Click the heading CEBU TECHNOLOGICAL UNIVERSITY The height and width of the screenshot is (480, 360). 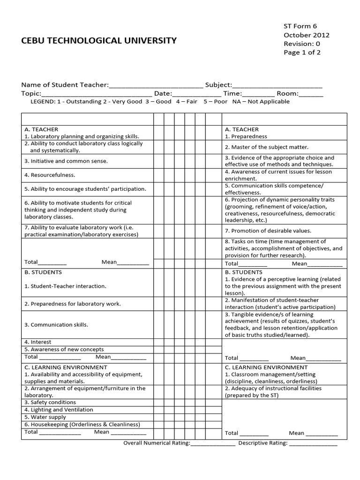(99, 40)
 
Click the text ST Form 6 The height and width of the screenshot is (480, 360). (300, 26)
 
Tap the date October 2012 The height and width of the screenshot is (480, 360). (307, 35)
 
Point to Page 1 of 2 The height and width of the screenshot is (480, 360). (302, 52)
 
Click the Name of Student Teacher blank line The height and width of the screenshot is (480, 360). (156, 85)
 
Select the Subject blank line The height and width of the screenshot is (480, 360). (277, 85)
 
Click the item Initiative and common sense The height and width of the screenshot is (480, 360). (66, 161)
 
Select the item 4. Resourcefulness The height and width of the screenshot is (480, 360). (50, 175)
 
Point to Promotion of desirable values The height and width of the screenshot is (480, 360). (268, 231)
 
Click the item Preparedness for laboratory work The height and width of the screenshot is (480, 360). (73, 304)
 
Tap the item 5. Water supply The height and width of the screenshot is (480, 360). (45, 417)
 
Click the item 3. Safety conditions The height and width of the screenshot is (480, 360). (50, 403)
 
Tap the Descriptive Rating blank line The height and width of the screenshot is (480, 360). (313, 443)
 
